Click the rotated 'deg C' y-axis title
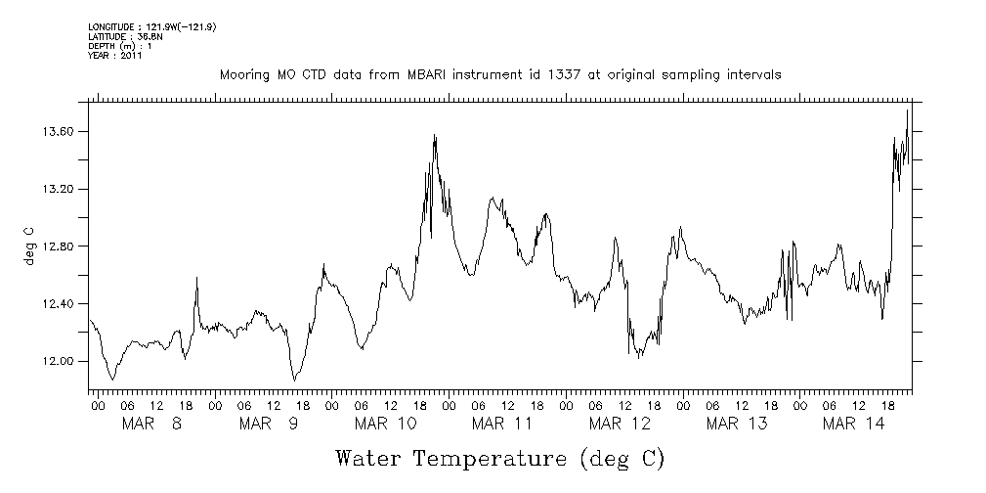click(x=28, y=246)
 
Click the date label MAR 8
click(x=151, y=424)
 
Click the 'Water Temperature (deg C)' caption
click(x=499, y=459)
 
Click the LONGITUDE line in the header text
click(x=151, y=26)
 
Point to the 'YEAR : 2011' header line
click(x=115, y=56)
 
